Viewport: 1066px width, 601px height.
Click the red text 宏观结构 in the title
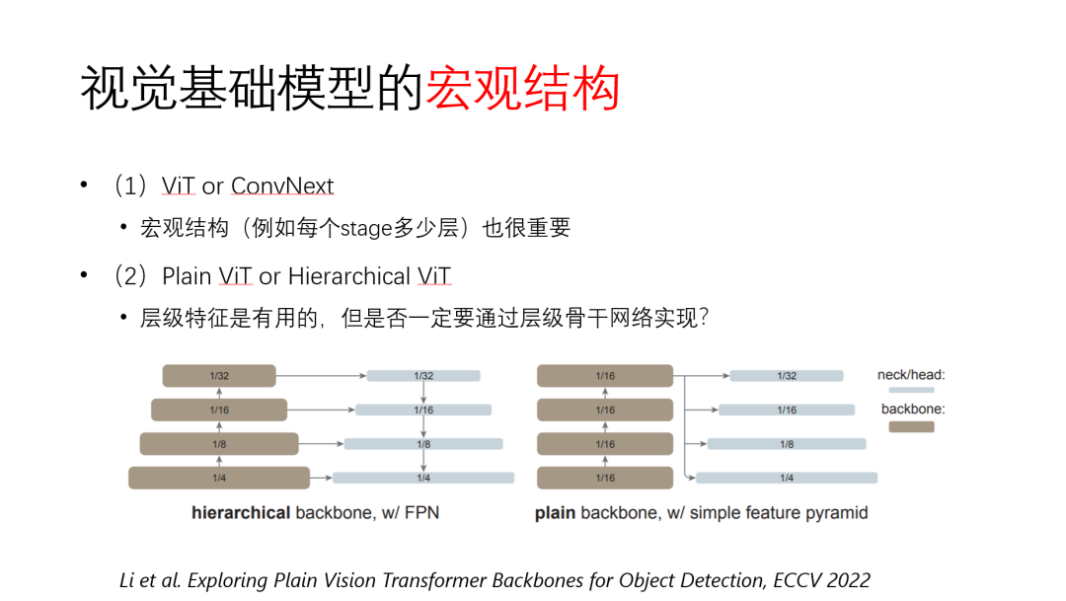pos(522,89)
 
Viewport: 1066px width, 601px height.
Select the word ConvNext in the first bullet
pos(282,187)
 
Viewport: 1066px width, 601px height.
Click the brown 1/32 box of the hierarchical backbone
pos(218,375)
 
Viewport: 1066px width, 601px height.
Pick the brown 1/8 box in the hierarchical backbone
pos(218,444)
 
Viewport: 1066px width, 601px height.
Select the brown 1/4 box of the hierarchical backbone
pos(218,479)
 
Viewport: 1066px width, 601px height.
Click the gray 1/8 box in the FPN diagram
pos(422,444)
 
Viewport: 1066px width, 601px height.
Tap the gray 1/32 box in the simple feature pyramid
pos(787,376)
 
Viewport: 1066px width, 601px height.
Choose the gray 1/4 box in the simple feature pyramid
pos(787,479)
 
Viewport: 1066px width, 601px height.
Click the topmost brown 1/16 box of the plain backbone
pos(605,375)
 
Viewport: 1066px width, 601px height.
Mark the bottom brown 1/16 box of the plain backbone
pos(605,479)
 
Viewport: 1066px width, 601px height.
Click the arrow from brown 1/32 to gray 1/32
pos(321,375)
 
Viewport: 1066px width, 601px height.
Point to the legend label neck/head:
pos(911,375)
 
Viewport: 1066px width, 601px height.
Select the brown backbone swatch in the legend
pos(911,427)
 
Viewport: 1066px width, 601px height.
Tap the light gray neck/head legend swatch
pos(911,391)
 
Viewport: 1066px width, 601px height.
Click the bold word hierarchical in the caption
pos(241,513)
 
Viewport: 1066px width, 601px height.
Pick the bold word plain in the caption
pos(556,513)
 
